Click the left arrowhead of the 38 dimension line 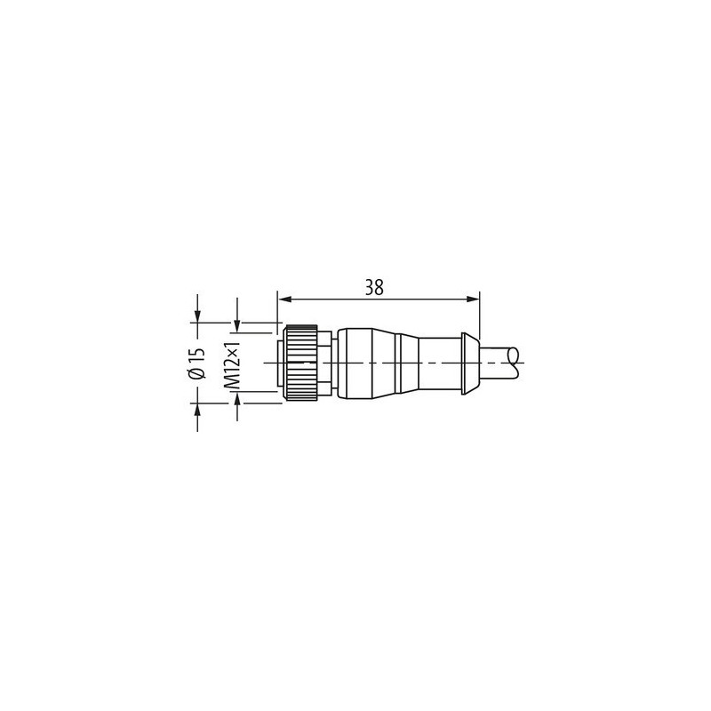[x=284, y=299]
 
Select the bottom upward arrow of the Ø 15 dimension [x=197, y=408]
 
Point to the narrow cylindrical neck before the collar [x=435, y=363]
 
